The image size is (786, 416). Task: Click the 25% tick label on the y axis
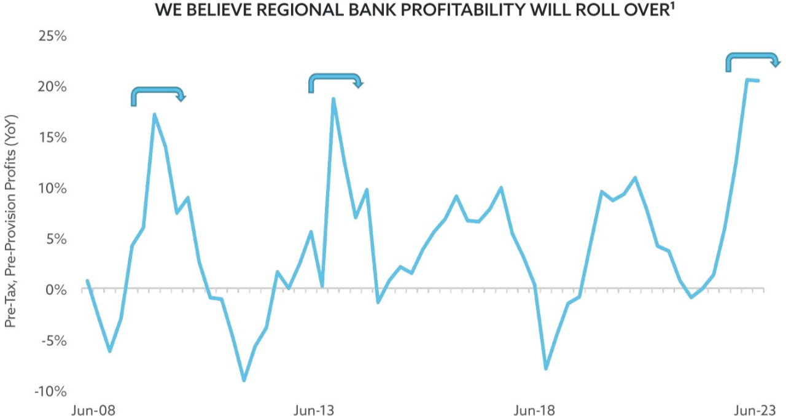point(52,36)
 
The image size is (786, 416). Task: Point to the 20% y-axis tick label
point(52,87)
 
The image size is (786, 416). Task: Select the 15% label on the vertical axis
point(53,137)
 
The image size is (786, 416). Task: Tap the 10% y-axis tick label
point(53,188)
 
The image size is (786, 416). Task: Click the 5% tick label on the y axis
point(56,238)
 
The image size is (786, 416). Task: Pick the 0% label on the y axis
point(56,289)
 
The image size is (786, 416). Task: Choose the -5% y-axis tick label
point(53,340)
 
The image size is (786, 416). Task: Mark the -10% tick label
point(50,391)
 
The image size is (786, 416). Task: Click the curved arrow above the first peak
point(158,95)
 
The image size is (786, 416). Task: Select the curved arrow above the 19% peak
point(335,81)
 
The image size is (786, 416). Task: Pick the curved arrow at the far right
point(753,60)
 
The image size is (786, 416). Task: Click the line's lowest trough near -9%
point(244,380)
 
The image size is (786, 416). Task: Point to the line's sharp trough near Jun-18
point(545,369)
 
